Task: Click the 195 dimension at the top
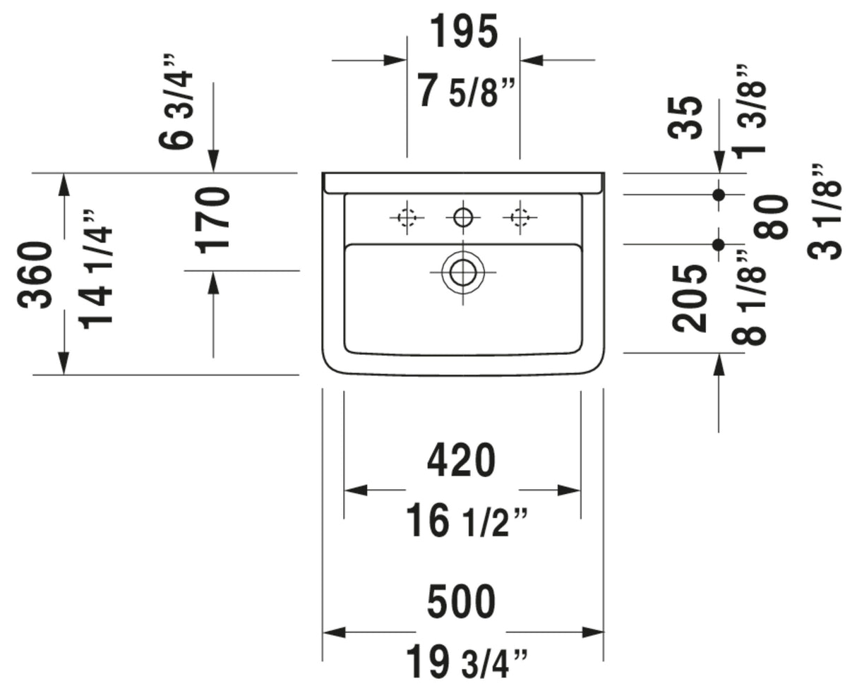pos(464,31)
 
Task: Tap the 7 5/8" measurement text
pos(465,91)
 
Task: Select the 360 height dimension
pos(35,275)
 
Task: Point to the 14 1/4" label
pos(95,270)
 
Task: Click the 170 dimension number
pos(213,220)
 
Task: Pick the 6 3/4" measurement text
pos(176,102)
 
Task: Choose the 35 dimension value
pos(685,118)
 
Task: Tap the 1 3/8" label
pos(749,112)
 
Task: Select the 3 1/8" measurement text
pos(824,212)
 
